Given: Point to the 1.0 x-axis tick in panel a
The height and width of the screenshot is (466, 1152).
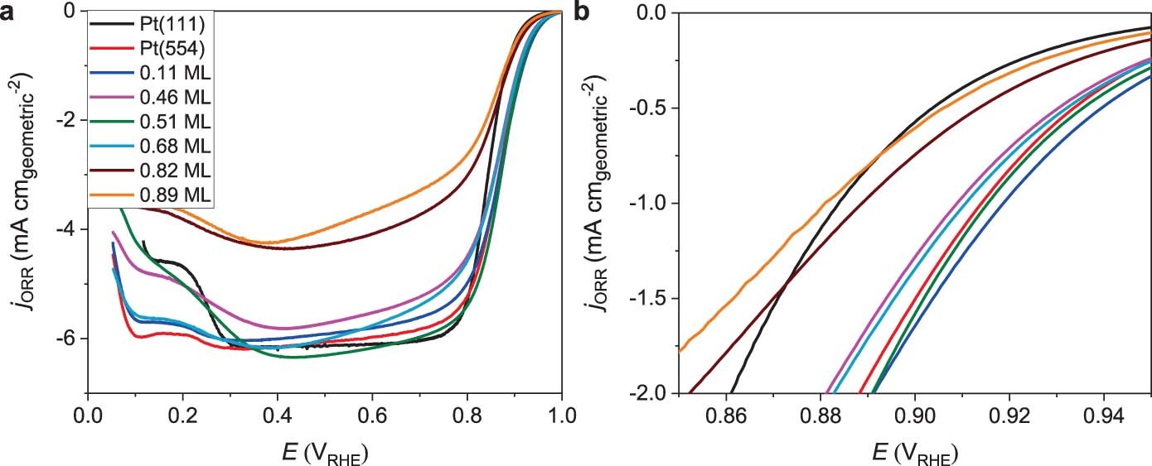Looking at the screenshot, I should coord(562,412).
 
